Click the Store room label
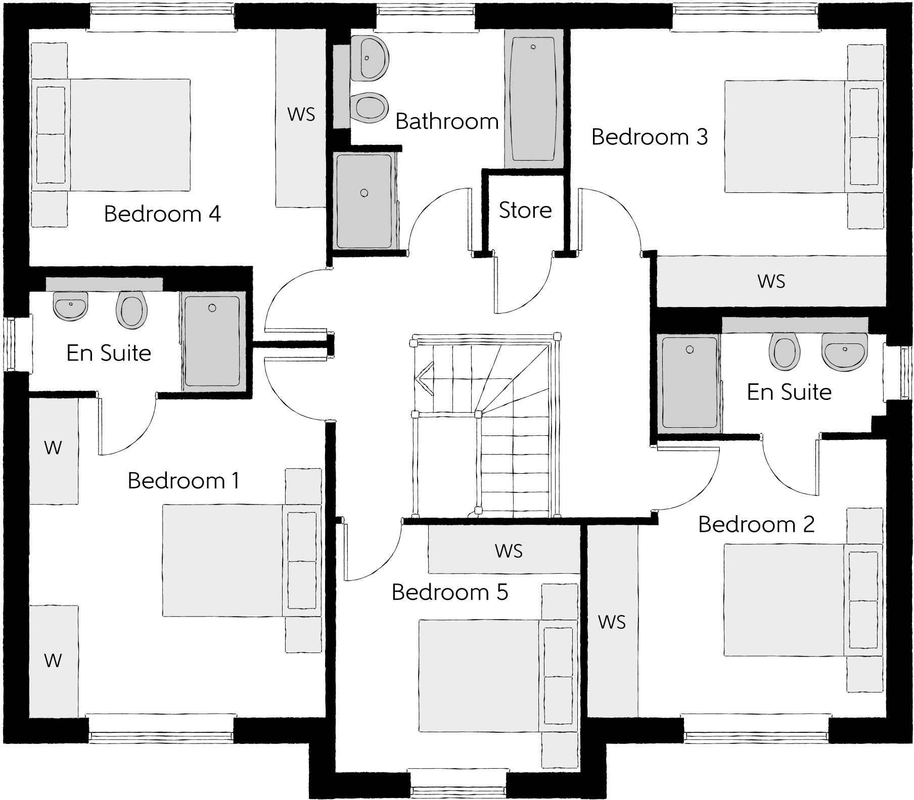(525, 210)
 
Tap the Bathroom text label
(447, 122)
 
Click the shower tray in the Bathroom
(364, 201)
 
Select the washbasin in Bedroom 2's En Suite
(844, 351)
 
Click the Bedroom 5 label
(449, 592)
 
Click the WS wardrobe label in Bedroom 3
(771, 281)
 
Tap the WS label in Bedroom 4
(301, 115)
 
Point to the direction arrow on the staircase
(424, 378)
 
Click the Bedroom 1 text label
(184, 481)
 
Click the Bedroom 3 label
(650, 137)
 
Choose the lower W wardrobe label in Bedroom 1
(53, 660)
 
